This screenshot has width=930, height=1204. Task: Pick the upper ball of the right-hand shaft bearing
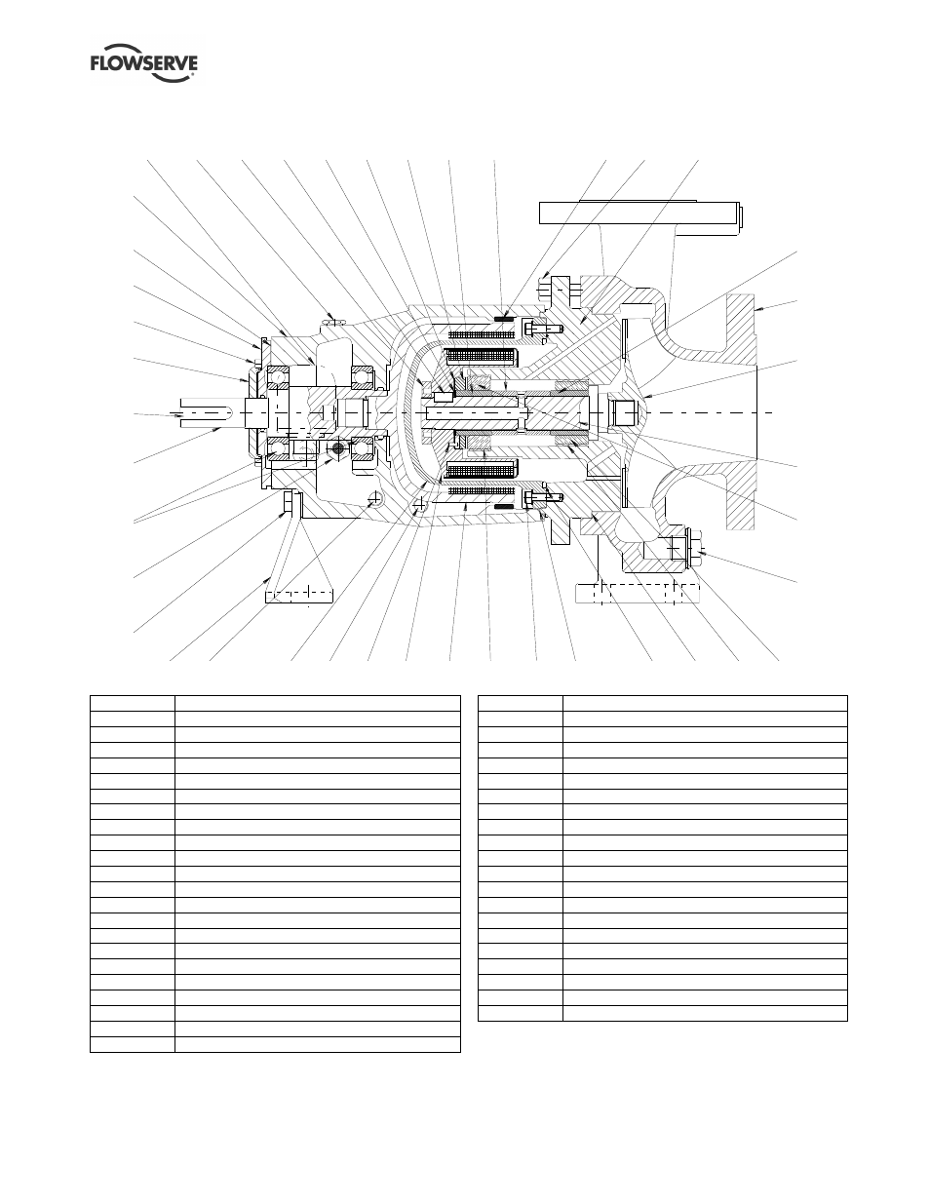[x=364, y=375]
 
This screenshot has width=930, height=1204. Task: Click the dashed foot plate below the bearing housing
[x=300, y=591]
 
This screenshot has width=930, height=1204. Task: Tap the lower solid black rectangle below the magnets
[x=503, y=507]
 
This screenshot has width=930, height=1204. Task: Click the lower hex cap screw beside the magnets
[x=535, y=496]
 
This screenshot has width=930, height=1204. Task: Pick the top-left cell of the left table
[x=132, y=703]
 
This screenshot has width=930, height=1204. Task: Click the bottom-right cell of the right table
[x=705, y=1013]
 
